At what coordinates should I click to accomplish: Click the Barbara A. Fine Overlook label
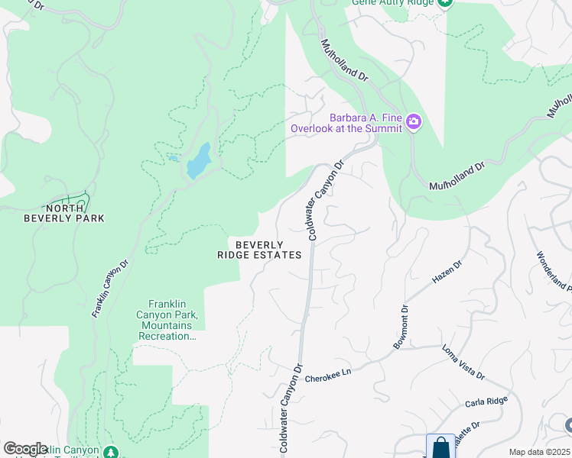(x=346, y=123)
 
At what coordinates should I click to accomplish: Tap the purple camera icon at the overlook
(x=414, y=122)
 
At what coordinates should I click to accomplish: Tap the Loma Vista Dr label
(x=463, y=361)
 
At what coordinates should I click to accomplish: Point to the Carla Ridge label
(x=486, y=402)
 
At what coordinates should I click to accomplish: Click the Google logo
(x=25, y=449)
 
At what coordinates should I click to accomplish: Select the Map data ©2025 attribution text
(x=538, y=452)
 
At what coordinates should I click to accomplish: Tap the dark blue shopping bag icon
(x=440, y=447)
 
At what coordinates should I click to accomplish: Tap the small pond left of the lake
(x=173, y=159)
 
